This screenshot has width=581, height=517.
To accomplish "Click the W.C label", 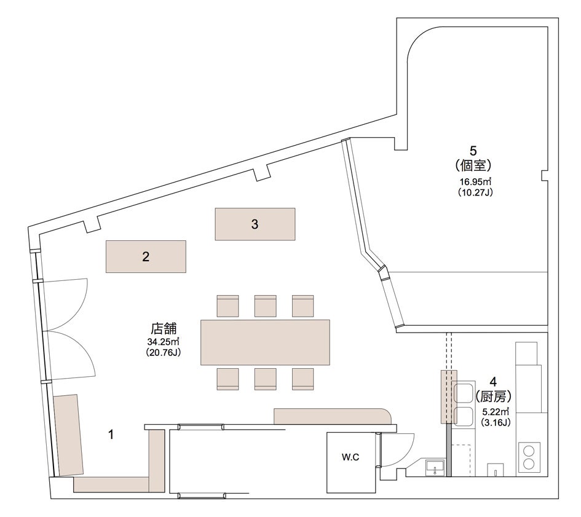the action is click(350, 457).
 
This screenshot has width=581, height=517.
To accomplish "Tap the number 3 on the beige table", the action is click(255, 224).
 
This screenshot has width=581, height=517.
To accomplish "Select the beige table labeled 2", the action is click(146, 256).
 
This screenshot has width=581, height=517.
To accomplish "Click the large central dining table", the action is click(266, 342).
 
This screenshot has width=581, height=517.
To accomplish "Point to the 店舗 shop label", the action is click(164, 328).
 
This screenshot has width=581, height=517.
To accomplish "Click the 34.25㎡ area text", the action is click(164, 341).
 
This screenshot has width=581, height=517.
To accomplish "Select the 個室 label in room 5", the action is click(473, 165).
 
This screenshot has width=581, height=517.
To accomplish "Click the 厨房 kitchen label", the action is click(493, 397).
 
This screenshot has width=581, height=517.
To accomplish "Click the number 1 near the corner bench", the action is click(111, 435).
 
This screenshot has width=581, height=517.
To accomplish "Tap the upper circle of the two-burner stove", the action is click(528, 451).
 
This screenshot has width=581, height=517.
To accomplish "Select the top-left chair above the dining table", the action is click(227, 306).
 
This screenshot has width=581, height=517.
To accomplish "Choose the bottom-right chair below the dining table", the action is click(302, 379).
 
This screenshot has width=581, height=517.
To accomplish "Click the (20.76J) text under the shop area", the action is click(164, 352).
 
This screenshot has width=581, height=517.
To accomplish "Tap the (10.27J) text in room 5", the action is click(476, 192).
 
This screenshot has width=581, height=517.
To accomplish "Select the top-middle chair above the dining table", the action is click(266, 306).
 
